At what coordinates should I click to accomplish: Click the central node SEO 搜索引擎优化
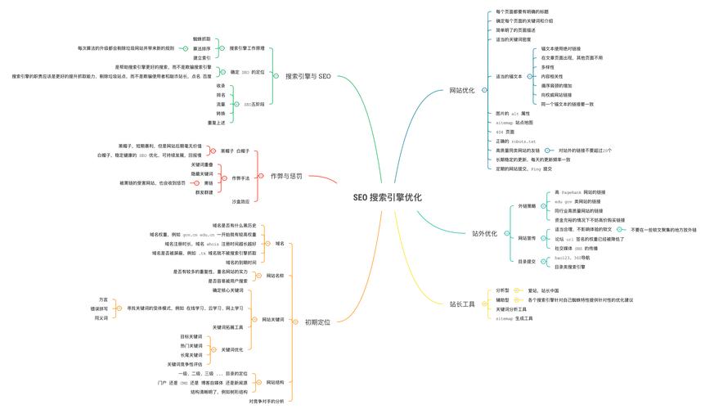click(x=388, y=197)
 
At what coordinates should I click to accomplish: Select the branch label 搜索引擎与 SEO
click(x=308, y=76)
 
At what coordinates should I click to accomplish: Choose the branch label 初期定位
click(x=317, y=322)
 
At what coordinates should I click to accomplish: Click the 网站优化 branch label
click(x=462, y=90)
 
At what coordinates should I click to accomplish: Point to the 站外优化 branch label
click(x=484, y=234)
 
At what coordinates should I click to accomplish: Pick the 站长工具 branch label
click(x=462, y=304)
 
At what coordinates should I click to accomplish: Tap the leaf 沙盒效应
click(x=240, y=200)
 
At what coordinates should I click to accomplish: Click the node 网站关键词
click(x=273, y=319)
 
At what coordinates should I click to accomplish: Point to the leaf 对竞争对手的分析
click(x=267, y=401)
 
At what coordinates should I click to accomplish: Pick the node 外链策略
click(x=527, y=206)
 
